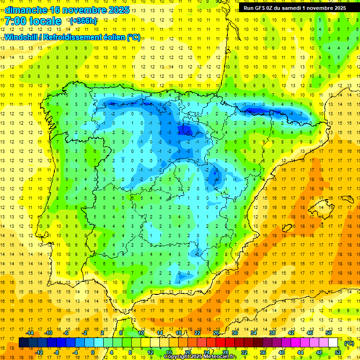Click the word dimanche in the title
point(24,10)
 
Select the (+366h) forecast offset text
point(83,21)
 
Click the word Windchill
point(21,37)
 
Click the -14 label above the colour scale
point(30,333)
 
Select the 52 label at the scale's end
point(338,352)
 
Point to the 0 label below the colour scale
point(93,352)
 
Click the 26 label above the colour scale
point(216,333)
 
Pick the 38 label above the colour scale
point(272,333)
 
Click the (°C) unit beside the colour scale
point(349,343)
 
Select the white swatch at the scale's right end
point(333,343)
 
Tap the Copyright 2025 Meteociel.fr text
point(200,357)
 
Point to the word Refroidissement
point(71,37)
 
